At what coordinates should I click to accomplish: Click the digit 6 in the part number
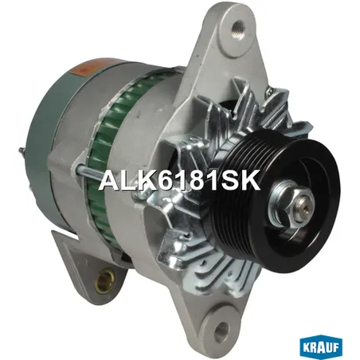pyautogui.click(x=168, y=180)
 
